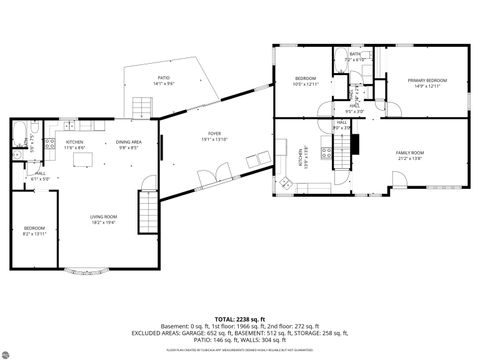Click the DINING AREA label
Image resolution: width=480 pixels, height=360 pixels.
point(128,142)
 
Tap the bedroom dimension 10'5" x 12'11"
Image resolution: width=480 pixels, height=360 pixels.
point(305,84)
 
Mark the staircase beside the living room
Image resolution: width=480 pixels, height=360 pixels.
point(147,210)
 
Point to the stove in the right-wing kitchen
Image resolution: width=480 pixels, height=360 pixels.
point(326,153)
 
